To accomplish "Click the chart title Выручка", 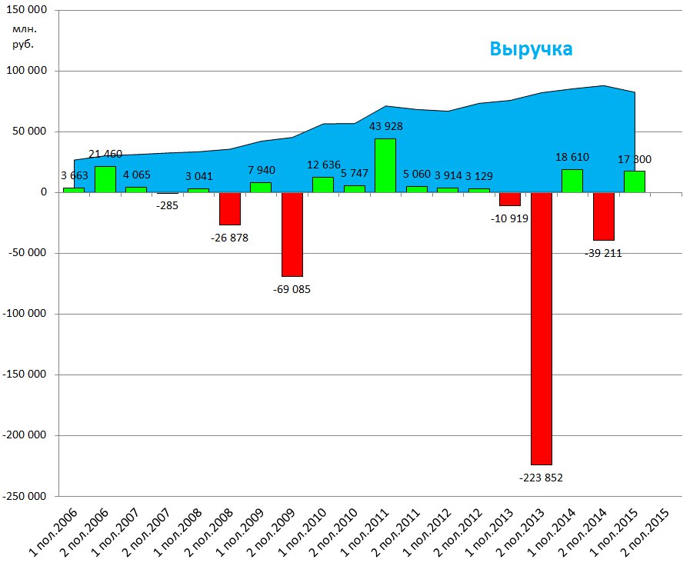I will coord(531,49).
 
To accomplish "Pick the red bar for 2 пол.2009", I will coord(292,234).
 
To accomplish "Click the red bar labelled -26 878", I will coord(229,208).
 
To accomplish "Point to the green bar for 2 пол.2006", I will coord(105,179).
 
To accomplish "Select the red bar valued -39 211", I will coord(604,216).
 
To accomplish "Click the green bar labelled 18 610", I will coord(572,181).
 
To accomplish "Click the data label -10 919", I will coord(510,218).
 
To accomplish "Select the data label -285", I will coord(166,205).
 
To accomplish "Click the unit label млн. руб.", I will coord(25,36).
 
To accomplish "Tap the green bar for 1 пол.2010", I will coord(323,185).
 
